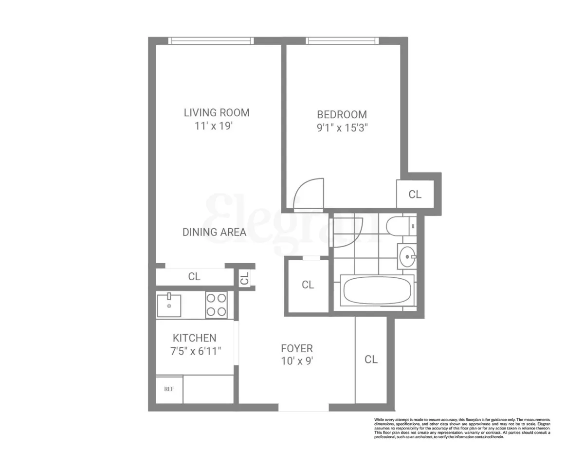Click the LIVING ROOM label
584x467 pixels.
click(x=217, y=113)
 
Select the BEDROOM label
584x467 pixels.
click(x=342, y=115)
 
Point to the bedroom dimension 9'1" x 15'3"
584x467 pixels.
click(x=342, y=129)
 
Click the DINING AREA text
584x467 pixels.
click(x=214, y=233)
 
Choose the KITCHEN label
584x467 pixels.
click(x=194, y=338)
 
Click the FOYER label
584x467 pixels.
click(x=296, y=349)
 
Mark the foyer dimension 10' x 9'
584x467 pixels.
click(x=296, y=362)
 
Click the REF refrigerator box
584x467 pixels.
click(x=169, y=389)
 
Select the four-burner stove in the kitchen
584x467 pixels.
click(x=216, y=305)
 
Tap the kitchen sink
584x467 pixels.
click(x=169, y=305)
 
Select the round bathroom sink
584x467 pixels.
click(x=406, y=255)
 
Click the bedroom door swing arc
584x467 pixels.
click(x=310, y=194)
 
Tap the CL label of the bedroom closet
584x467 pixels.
click(x=415, y=195)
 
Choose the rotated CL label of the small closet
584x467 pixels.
click(x=245, y=279)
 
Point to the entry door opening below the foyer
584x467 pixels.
click(x=304, y=408)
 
